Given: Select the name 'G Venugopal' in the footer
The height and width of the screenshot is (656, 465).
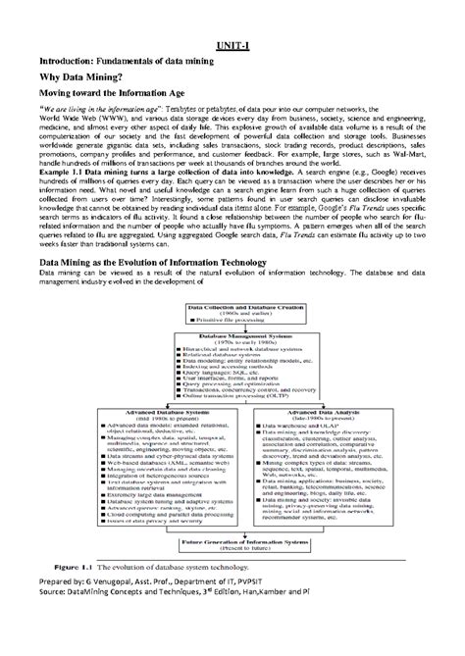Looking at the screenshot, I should [x=115, y=608].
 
